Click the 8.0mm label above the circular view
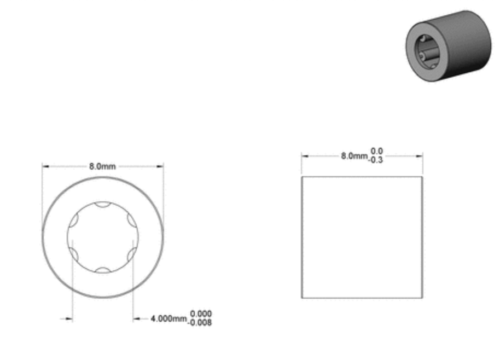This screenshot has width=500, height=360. coord(102,166)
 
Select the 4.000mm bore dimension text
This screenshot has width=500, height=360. coord(168,318)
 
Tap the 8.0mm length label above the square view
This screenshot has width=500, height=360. coord(354,156)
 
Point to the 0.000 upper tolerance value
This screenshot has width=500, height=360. coord(201,313)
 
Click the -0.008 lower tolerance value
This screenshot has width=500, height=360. coord(200,323)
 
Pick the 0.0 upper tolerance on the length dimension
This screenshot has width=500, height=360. coord(376,151)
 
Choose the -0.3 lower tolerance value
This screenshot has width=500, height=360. coord(375,160)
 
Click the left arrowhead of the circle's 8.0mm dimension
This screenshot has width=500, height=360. coord(45,166)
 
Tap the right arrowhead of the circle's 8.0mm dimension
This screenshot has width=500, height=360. coord(160,166)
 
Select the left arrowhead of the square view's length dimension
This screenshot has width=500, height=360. coord(305,156)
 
